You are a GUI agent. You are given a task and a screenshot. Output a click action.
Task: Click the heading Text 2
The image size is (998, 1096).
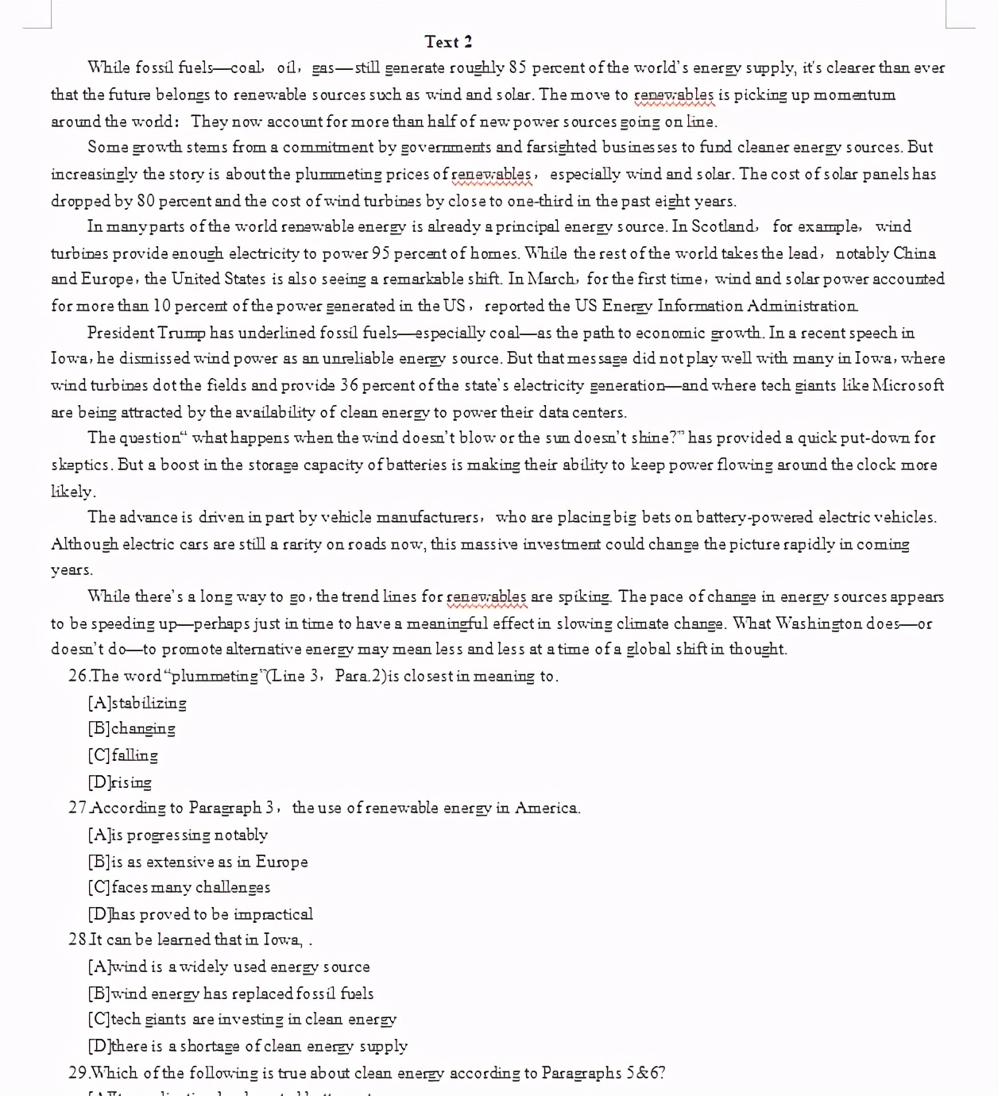click(448, 42)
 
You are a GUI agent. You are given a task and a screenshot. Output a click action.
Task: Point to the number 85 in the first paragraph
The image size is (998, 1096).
click(517, 68)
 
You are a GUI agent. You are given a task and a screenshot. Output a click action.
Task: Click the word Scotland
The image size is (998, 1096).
click(723, 227)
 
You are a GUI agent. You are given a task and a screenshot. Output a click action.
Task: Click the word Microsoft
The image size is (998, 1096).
click(908, 386)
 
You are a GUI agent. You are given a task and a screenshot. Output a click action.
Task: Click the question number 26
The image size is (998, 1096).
click(78, 677)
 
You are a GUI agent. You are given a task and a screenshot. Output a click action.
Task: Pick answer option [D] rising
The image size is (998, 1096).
click(120, 782)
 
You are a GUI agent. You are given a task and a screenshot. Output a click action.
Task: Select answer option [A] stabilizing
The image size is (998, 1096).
click(137, 704)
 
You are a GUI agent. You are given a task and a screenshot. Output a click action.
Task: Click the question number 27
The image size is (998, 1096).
click(78, 808)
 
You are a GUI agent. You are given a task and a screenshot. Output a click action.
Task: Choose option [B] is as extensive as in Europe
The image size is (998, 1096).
click(198, 862)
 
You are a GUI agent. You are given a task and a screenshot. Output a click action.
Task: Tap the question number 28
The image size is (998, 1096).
click(78, 940)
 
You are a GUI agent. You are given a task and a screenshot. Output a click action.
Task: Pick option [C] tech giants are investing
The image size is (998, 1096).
click(242, 1020)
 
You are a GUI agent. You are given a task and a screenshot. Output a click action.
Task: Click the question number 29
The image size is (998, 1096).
click(78, 1074)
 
